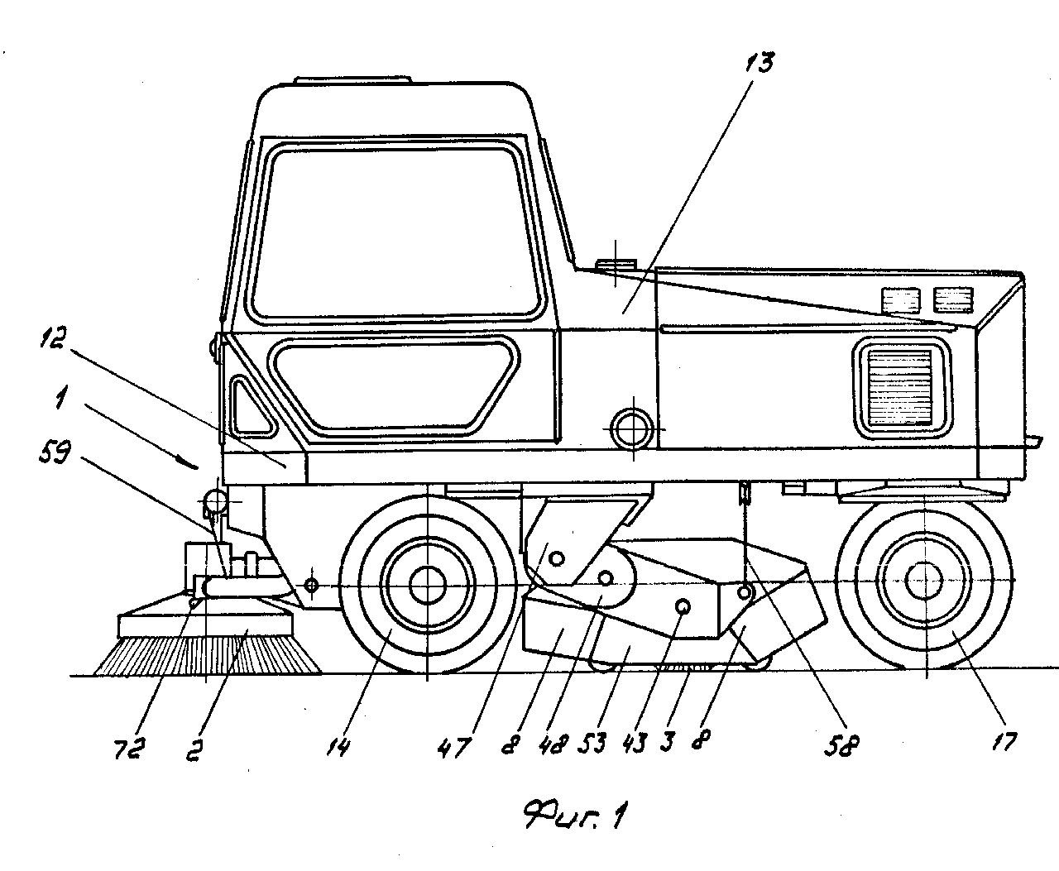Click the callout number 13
click(x=760, y=62)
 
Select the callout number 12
click(x=53, y=340)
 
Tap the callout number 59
click(x=55, y=452)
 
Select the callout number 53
click(x=592, y=743)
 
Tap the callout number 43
click(x=635, y=743)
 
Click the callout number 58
click(x=842, y=745)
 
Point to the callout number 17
click(x=1004, y=741)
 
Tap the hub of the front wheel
click(x=427, y=586)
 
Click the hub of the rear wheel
click(x=924, y=581)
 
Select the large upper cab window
click(x=398, y=233)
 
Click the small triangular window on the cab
click(x=252, y=406)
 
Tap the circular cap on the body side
click(x=633, y=429)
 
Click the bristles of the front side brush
click(x=208, y=654)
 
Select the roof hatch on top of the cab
click(x=353, y=79)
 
